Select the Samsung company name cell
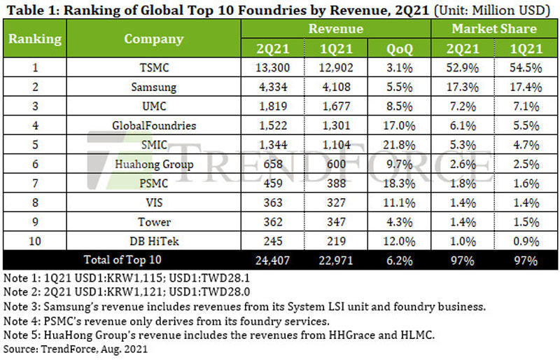(x=153, y=88)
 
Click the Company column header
(x=153, y=39)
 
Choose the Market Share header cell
(x=493, y=29)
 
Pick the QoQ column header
(x=399, y=48)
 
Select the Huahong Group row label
(x=153, y=165)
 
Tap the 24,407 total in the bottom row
(x=273, y=261)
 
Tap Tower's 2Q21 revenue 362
(x=273, y=222)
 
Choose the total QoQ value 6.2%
(x=399, y=261)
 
